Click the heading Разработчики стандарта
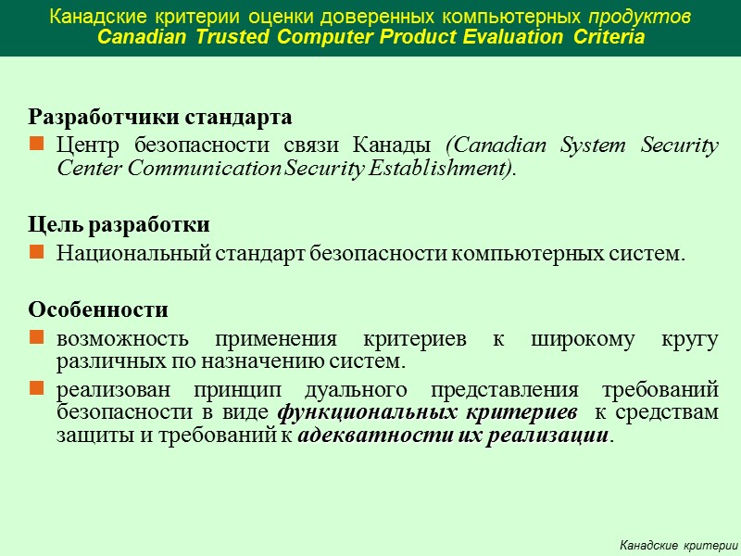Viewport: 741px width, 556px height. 160,118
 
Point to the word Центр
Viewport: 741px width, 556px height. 89,145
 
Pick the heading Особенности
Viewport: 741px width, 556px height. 99,309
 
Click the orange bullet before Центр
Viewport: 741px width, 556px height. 36,145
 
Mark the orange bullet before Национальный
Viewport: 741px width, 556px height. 36,253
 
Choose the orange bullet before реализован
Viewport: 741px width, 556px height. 36,389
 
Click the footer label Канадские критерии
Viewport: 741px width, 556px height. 679,542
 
